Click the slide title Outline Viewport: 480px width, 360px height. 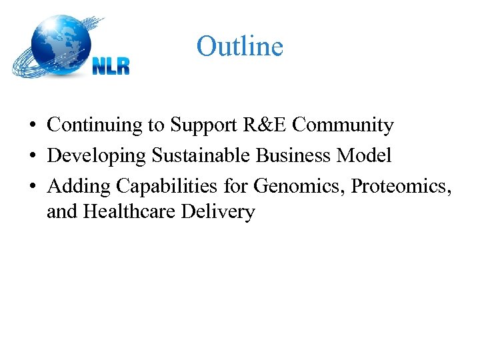[240, 47]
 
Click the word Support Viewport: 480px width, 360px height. [197, 125]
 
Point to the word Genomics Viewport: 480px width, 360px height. [296, 186]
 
